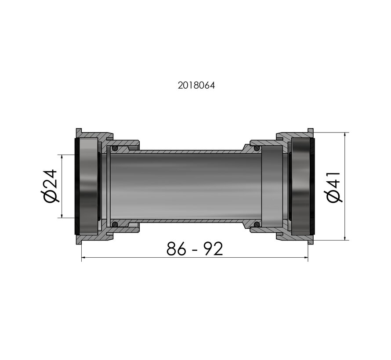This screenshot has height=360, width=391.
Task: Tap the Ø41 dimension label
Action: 335,186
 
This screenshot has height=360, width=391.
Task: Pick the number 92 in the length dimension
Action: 213,249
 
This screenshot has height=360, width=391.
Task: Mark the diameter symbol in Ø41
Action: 335,197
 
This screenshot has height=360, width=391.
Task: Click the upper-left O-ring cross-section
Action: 115,149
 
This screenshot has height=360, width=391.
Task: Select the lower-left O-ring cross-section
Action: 115,225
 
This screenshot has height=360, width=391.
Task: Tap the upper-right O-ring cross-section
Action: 256,149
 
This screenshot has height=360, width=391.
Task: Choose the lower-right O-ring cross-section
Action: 256,225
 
